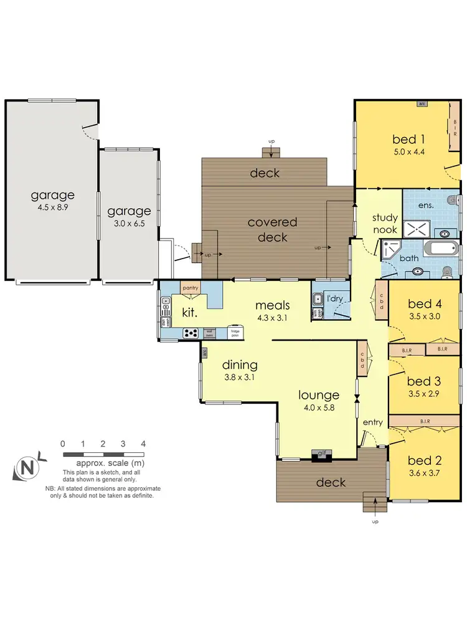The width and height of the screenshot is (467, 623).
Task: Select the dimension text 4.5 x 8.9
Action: pos(53,207)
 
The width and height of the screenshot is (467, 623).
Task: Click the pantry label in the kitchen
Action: pos(191,288)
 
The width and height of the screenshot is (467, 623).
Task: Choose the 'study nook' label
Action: pos(384,223)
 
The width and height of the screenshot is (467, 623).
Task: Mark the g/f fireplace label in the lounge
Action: pos(322,453)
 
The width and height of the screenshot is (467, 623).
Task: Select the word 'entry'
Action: pos(373,423)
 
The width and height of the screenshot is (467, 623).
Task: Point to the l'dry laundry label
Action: pos(336,298)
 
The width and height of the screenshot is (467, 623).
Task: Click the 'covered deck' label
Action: pos(273,229)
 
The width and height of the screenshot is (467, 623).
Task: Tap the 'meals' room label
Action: pos(273,305)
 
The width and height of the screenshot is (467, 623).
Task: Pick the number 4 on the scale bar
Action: pos(144,444)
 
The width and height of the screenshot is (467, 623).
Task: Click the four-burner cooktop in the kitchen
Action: pos(189,334)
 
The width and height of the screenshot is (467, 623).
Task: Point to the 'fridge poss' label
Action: pos(235,333)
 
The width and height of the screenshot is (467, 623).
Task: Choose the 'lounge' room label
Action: pos(318,395)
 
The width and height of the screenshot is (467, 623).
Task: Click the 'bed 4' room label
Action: pos(425,304)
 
